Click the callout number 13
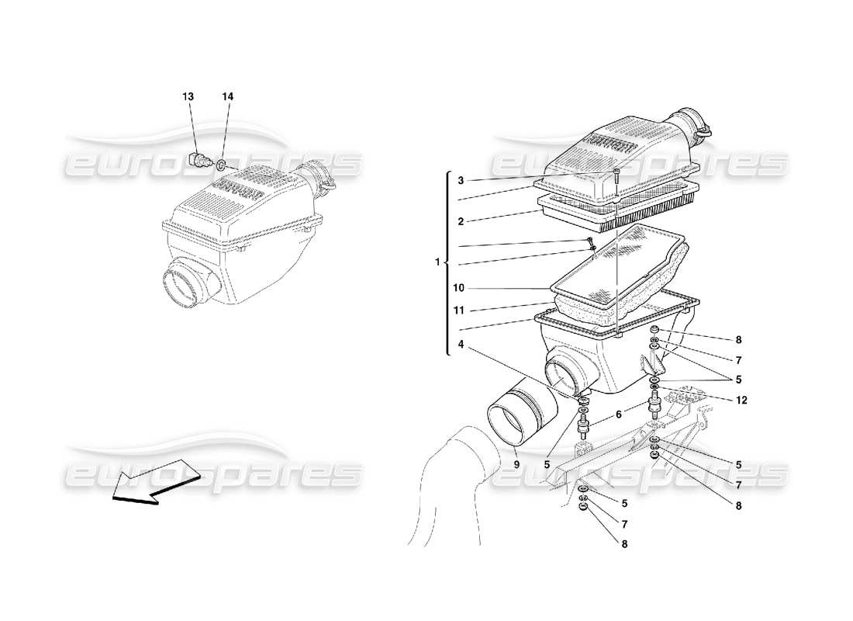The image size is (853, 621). [x=188, y=97]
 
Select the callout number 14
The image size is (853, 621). [x=227, y=97]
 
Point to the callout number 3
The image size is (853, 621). [x=460, y=181]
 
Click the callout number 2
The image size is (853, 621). [x=460, y=221]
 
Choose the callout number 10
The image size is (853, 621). [x=459, y=288]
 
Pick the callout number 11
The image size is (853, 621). [x=459, y=310]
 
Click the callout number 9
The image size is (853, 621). [x=515, y=465]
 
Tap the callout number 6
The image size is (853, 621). [x=617, y=415]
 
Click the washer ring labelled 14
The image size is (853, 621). [x=221, y=165]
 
